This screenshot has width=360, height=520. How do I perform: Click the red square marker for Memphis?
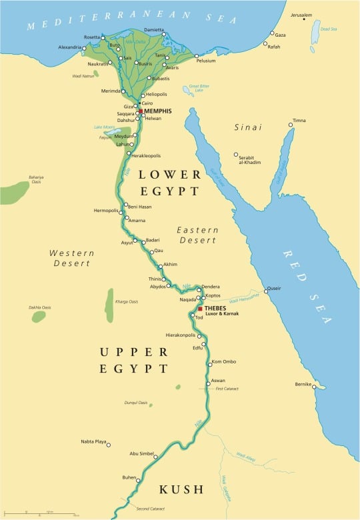[141, 111]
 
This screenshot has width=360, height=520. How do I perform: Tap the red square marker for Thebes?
[200, 309]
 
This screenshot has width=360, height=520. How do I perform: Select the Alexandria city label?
[70, 47]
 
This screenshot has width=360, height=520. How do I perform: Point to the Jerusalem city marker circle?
[292, 21]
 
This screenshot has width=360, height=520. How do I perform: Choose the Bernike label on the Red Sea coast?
[303, 385]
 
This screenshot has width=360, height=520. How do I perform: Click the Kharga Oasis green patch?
[109, 305]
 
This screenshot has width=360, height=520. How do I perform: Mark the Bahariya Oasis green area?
[15, 193]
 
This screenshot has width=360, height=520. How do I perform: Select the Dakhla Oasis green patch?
[39, 317]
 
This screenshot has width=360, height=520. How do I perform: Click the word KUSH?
[181, 490]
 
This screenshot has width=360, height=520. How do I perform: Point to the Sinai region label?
[248, 127]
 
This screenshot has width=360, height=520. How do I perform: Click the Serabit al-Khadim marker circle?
[235, 155]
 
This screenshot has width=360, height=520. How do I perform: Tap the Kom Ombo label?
[223, 361]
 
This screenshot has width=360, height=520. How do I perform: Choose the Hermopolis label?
[105, 211]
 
